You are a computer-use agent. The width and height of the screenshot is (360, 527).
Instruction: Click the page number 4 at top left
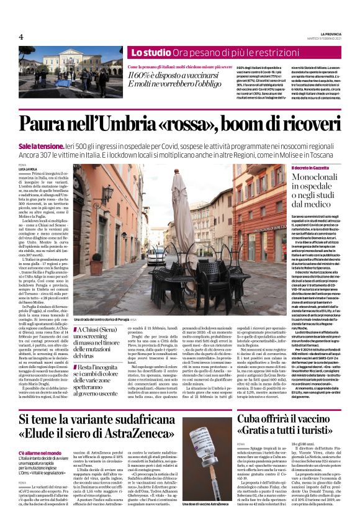click(x=20, y=37)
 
